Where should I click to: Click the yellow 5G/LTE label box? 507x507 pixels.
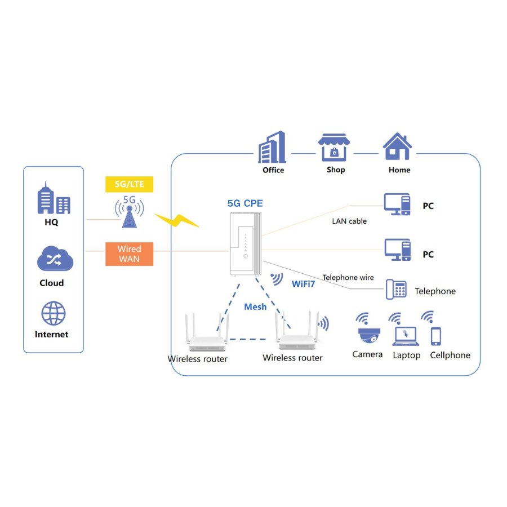coord(129,184)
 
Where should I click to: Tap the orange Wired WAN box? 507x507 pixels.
coord(129,253)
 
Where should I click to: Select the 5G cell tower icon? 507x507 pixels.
coord(130,212)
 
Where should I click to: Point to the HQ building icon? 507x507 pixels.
coord(54,199)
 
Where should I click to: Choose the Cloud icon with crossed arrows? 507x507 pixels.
coord(55,259)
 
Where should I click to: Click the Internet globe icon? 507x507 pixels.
coord(54,314)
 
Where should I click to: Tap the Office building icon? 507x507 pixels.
coord(273,148)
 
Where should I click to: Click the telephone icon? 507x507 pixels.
coord(397,289)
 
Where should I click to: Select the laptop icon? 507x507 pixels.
coord(406,336)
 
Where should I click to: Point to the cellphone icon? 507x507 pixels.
coord(436,336)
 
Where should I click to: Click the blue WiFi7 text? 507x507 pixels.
coord(303,284)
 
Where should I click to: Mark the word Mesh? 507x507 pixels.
coord(255,306)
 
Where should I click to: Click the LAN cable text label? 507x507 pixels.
coord(349,221)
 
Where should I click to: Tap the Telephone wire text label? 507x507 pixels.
coord(348,277)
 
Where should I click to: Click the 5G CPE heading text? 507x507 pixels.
coord(244,203)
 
